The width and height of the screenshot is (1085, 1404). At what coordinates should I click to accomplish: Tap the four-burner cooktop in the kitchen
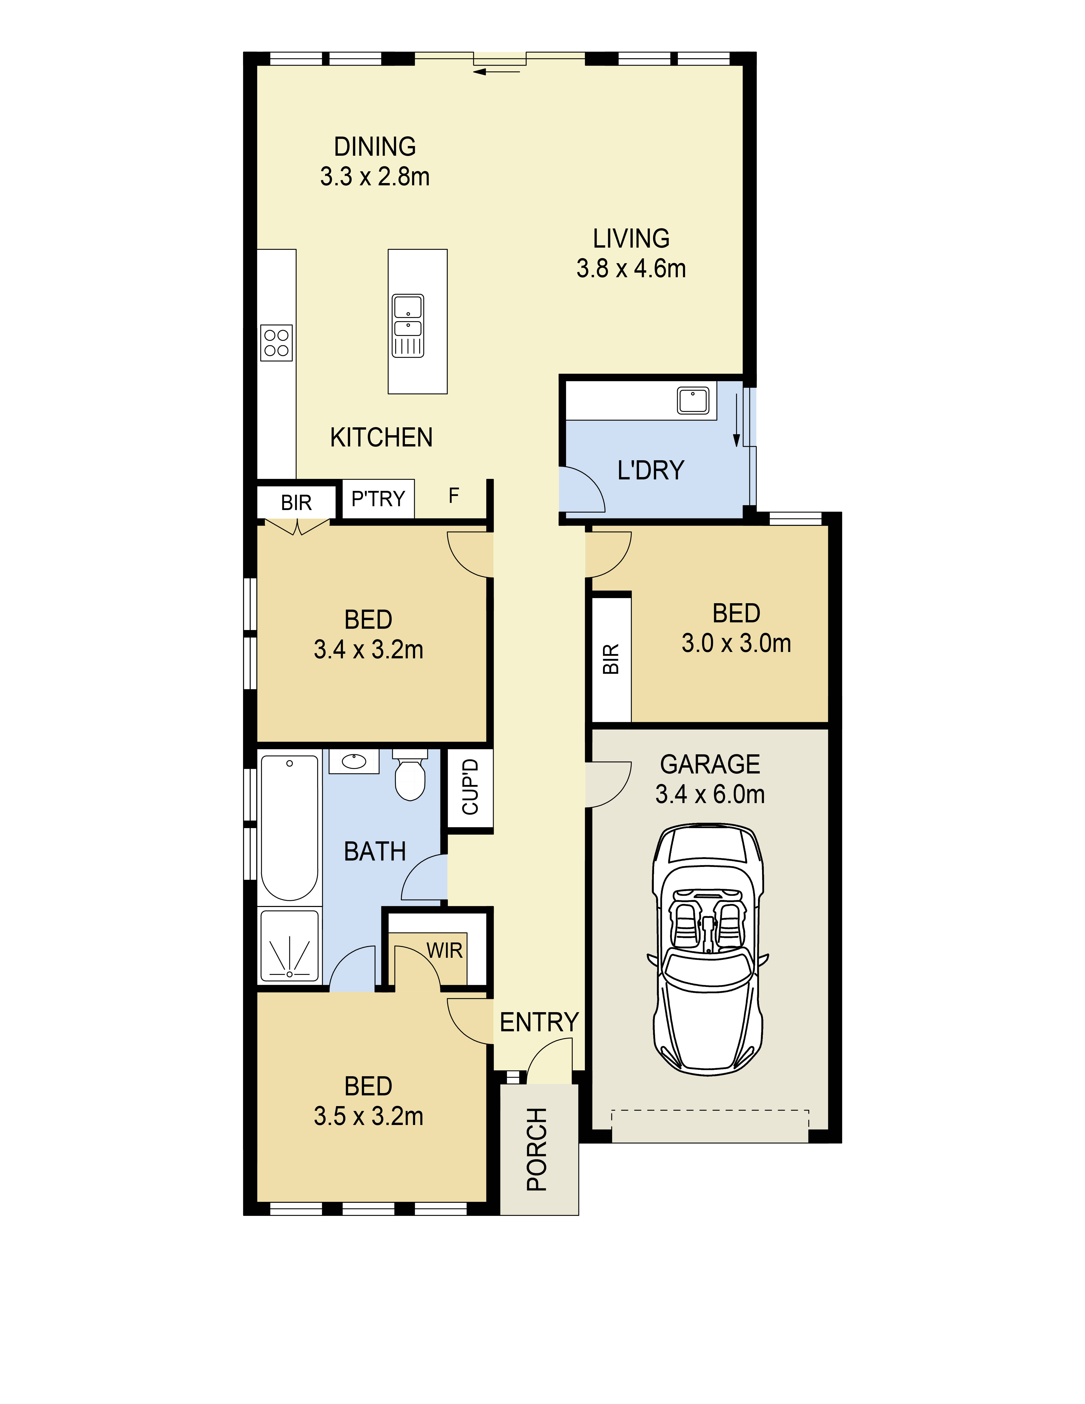click(276, 343)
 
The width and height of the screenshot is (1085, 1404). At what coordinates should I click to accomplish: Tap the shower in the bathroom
click(289, 946)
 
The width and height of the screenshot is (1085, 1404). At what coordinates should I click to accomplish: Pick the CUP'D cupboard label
click(471, 787)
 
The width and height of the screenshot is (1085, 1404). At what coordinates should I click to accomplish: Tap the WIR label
click(444, 950)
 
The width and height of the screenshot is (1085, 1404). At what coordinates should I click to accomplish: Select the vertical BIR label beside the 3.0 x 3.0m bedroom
click(611, 659)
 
